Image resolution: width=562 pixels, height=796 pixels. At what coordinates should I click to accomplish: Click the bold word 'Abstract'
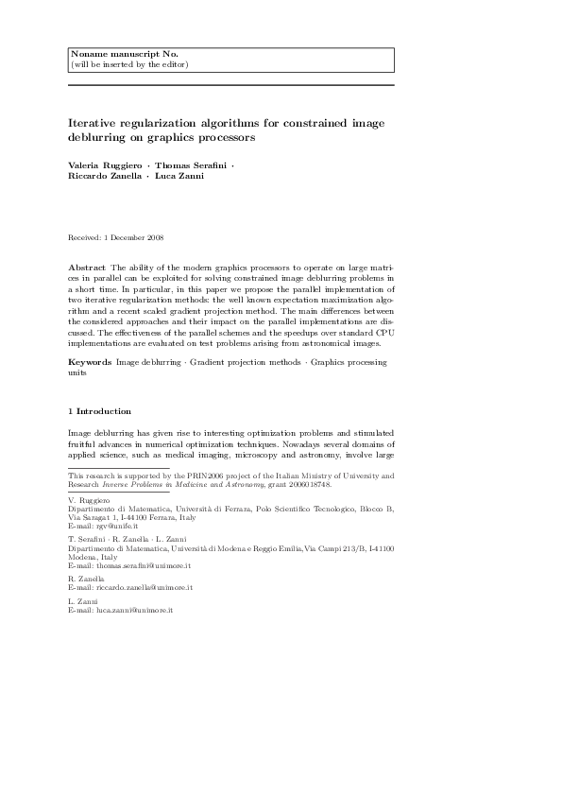tap(91, 268)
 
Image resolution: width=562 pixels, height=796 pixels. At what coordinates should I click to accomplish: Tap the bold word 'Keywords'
tap(92, 362)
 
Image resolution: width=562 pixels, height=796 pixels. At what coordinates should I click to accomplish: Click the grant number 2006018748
tap(307, 482)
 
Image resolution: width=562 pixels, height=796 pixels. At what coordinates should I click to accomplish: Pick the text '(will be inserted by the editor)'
tap(129, 65)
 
